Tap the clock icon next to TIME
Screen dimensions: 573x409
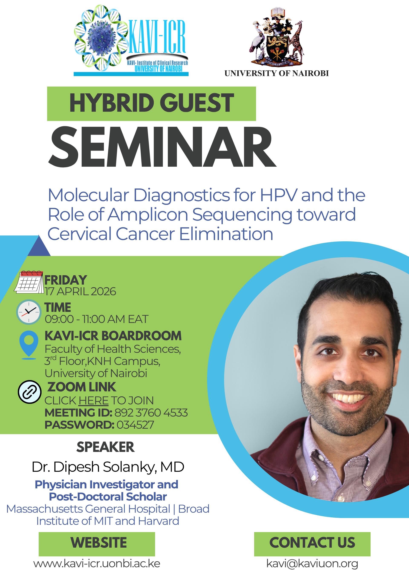pyautogui.click(x=29, y=312)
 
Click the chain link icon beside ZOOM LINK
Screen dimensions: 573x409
pyautogui.click(x=29, y=392)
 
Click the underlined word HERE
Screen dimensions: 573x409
pyautogui.click(x=94, y=401)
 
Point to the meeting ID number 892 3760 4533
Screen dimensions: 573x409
pyautogui.click(x=151, y=413)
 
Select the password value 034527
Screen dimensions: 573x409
pyautogui.click(x=135, y=425)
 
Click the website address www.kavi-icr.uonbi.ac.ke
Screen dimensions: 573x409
pyautogui.click(x=97, y=563)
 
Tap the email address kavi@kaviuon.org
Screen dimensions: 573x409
pyautogui.click(x=312, y=563)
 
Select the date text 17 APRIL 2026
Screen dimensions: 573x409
pyautogui.click(x=81, y=292)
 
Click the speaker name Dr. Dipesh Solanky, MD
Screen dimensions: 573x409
pyautogui.click(x=108, y=467)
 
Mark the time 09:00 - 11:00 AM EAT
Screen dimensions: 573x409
pyautogui.click(x=96, y=319)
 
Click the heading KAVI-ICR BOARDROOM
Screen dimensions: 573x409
pyautogui.click(x=113, y=336)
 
